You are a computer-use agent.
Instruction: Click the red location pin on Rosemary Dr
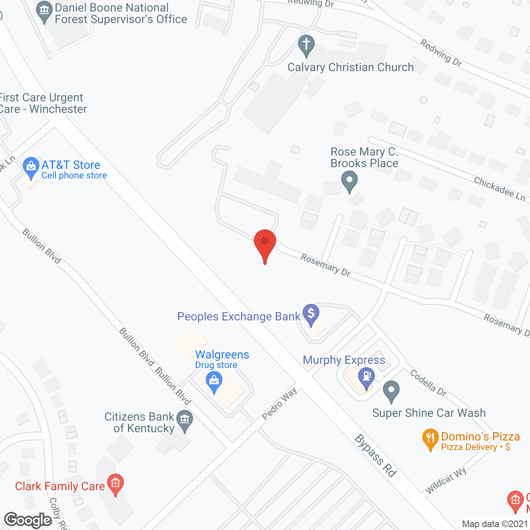[265, 244]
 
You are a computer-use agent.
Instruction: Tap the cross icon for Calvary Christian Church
[306, 45]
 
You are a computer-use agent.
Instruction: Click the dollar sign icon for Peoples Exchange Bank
[311, 313]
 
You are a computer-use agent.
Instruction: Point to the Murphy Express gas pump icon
[366, 377]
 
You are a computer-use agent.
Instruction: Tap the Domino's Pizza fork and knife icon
[431, 438]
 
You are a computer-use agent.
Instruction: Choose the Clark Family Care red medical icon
[116, 483]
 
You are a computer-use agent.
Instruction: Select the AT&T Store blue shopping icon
[31, 166]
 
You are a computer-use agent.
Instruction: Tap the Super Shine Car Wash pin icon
[391, 390]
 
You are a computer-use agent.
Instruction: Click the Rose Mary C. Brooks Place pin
[349, 181]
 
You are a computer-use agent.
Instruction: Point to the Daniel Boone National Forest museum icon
[44, 11]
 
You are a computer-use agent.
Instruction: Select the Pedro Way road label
[279, 404]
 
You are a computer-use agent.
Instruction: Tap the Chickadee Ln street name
[499, 189]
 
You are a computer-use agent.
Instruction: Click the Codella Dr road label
[428, 383]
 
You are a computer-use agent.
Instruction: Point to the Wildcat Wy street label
[446, 480]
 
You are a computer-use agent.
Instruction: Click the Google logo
[28, 520]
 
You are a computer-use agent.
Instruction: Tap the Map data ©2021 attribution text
[495, 524]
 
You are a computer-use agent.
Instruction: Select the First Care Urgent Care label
[43, 104]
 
